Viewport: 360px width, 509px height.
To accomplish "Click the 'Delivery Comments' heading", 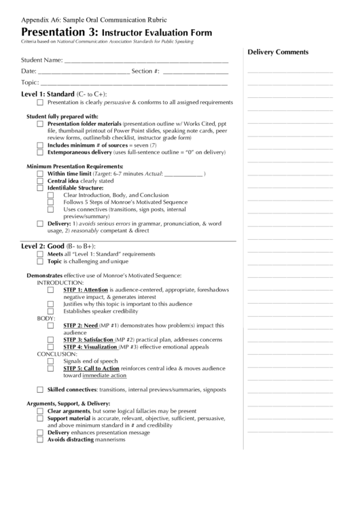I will pyautogui.click(x=278, y=52).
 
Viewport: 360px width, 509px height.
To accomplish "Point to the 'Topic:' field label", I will pyautogui.click(x=30, y=82).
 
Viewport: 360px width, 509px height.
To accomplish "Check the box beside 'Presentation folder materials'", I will pyautogui.click(x=41, y=124).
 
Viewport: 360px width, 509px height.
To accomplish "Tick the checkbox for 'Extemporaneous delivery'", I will pyautogui.click(x=41, y=152).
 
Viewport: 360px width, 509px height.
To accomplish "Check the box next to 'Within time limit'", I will pyautogui.click(x=41, y=174).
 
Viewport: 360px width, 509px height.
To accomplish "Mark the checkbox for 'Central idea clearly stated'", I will pyautogui.click(x=41, y=181).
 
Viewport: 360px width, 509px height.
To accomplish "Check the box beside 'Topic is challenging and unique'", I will pyautogui.click(x=41, y=261).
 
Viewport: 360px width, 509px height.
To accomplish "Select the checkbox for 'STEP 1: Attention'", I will pyautogui.click(x=51, y=289).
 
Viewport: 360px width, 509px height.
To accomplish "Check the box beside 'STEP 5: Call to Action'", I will pyautogui.click(x=51, y=368).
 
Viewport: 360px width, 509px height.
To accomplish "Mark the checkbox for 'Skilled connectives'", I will pyautogui.click(x=41, y=390).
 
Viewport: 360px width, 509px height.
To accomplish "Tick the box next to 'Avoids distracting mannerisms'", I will pyautogui.click(x=41, y=440).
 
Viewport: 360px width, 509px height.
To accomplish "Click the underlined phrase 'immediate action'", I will pyautogui.click(x=104, y=375).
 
